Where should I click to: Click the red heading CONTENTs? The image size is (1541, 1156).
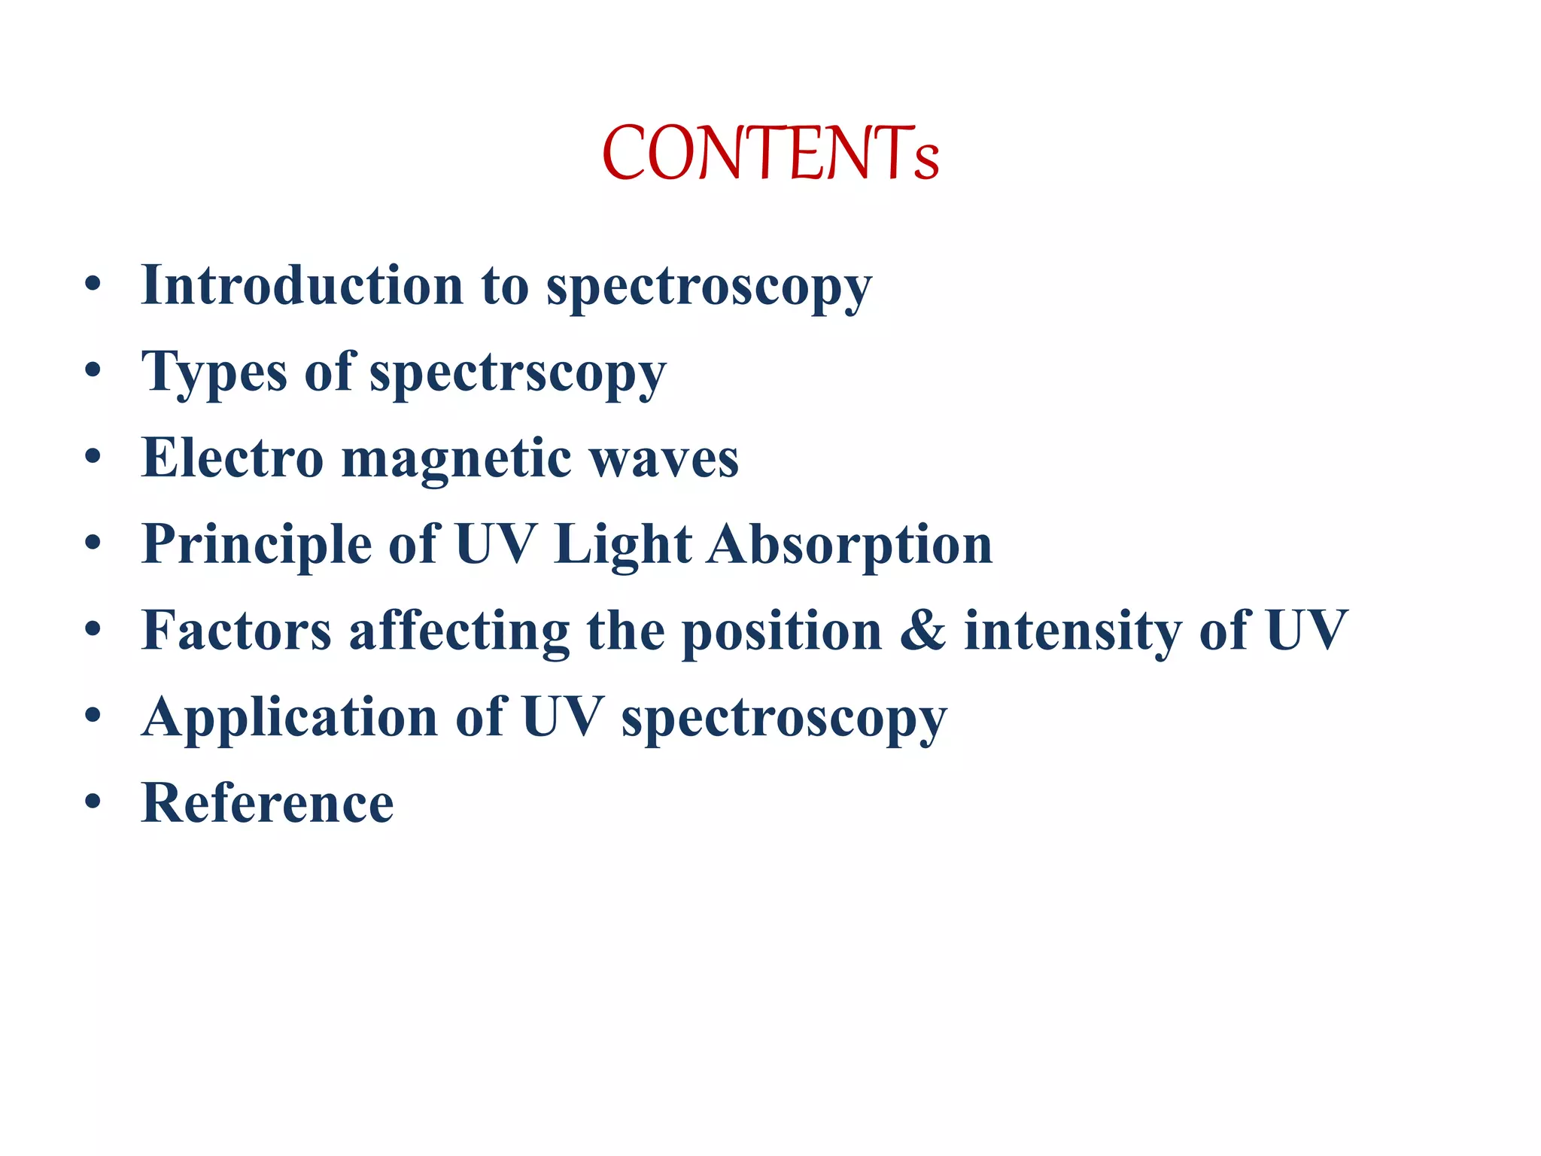(770, 154)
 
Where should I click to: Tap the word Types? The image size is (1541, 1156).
(214, 373)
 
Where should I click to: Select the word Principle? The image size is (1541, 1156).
(256, 545)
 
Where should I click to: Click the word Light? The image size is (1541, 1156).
(622, 545)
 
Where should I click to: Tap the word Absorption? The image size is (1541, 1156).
(850, 545)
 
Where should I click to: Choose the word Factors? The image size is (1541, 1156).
(236, 631)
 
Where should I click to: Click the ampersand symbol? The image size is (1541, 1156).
(922, 631)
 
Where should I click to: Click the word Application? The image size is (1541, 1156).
(290, 718)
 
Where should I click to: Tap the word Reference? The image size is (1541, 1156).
(267, 803)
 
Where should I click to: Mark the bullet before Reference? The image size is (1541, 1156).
(93, 802)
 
